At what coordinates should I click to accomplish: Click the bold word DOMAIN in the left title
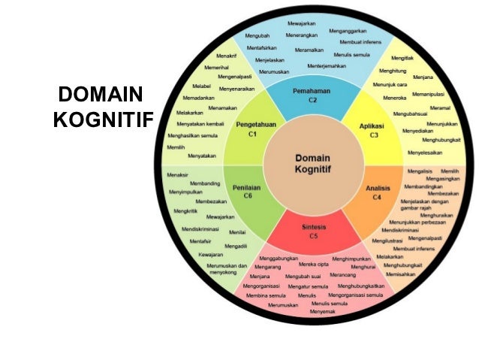tap(100, 95)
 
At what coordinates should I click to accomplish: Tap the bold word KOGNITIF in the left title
tap(101, 121)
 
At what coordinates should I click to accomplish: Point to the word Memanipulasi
tap(429, 94)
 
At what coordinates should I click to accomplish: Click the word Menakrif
tap(227, 56)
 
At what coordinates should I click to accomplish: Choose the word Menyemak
tap(323, 311)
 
